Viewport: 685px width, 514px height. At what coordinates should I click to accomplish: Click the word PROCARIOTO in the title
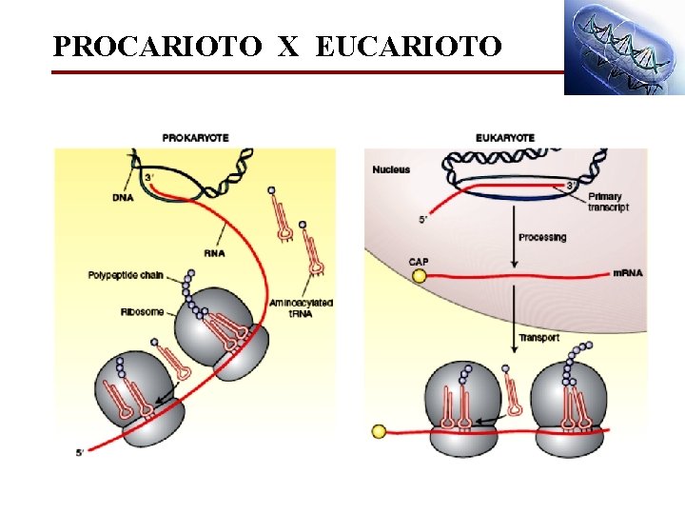point(155,45)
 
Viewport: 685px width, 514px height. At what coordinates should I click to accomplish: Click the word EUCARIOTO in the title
point(407,45)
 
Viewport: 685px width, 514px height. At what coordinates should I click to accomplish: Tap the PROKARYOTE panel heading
point(195,138)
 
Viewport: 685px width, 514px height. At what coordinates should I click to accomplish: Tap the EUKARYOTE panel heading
point(504,138)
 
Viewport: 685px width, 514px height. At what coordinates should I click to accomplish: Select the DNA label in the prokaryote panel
point(122,198)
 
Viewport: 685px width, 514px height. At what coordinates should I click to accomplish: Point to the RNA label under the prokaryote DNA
point(215,253)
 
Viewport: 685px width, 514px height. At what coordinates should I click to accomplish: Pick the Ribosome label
point(140,312)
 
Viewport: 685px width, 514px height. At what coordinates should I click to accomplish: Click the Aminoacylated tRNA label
point(301,307)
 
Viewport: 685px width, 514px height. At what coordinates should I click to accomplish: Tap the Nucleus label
point(391,169)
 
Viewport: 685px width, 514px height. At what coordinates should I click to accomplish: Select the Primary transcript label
point(608,202)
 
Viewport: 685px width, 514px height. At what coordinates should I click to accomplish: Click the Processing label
point(542,237)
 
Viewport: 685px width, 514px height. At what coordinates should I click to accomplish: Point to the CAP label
point(419,262)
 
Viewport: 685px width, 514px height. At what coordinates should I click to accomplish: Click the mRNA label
point(629,273)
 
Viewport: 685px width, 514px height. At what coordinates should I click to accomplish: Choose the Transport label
point(538,338)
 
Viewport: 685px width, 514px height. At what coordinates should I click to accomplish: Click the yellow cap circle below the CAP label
point(420,277)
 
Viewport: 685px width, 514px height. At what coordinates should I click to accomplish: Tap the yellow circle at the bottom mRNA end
point(379,431)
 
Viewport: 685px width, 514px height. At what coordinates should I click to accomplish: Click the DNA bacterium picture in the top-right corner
point(623,48)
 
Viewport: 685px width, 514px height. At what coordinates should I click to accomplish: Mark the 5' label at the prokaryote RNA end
point(81,452)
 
